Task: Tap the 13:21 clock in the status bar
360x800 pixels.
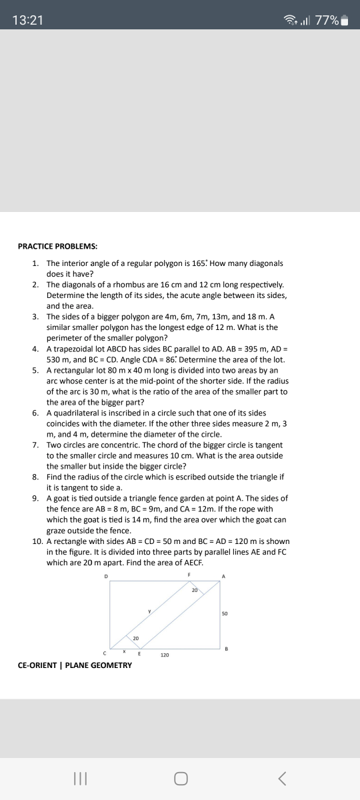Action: pyautogui.click(x=27, y=20)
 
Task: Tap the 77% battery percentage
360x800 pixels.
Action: pyautogui.click(x=327, y=20)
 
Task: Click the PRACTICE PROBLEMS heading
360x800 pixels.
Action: pyautogui.click(x=57, y=246)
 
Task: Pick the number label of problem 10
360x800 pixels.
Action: pyautogui.click(x=37, y=541)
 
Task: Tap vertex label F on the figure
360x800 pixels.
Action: pyautogui.click(x=189, y=575)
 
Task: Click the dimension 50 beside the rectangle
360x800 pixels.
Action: pyautogui.click(x=225, y=613)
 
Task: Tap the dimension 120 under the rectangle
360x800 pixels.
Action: pyautogui.click(x=163, y=655)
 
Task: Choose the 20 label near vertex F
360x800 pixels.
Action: pyautogui.click(x=195, y=589)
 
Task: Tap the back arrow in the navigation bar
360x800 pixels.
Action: pyautogui.click(x=283, y=777)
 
